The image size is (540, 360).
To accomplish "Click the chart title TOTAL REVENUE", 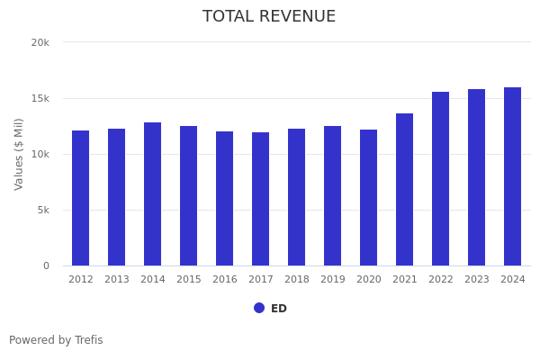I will click(269, 17).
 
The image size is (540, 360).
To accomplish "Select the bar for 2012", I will click(81, 198).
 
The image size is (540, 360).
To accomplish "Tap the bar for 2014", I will click(153, 194).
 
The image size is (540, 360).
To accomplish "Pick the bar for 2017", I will click(261, 199).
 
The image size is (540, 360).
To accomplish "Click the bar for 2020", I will click(369, 198).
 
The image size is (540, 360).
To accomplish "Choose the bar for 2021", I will click(405, 190).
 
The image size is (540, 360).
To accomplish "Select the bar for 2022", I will click(441, 179).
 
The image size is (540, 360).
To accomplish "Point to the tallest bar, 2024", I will click(513, 176).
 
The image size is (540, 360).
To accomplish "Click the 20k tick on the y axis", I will click(40, 42).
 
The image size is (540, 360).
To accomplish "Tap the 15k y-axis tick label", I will click(40, 98).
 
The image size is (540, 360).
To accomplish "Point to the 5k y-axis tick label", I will click(42, 210).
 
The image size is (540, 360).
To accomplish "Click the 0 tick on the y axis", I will click(45, 265).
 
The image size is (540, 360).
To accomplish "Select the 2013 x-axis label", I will click(117, 280).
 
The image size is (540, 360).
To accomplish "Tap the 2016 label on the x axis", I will click(225, 280).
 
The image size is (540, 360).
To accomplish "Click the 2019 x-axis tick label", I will click(333, 280).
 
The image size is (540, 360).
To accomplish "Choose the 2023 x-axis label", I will click(477, 280).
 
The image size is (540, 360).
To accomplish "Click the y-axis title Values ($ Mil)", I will click(19, 154).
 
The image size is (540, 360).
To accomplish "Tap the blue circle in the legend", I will click(259, 308).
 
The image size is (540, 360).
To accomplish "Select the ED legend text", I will click(279, 309).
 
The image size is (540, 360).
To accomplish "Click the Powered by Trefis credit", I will click(56, 340).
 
